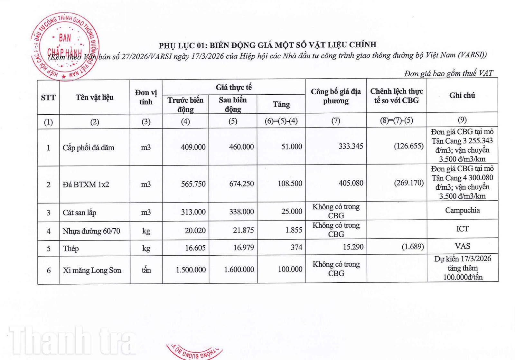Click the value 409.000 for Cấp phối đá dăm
[x=193, y=147]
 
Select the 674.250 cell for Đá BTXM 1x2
[x=241, y=184]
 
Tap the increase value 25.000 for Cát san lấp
[x=292, y=212]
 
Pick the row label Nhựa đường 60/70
[x=91, y=231]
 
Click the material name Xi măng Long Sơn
[x=92, y=270]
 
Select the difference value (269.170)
[x=409, y=183]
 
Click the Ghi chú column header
[x=462, y=95]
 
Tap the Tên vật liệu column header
[x=95, y=97]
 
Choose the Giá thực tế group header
[x=234, y=87]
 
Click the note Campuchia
[x=463, y=210]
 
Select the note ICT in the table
[x=463, y=229]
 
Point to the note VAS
[x=463, y=246]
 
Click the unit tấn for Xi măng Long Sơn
[x=146, y=270]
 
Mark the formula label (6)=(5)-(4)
[x=281, y=121]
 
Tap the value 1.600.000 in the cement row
[x=239, y=270]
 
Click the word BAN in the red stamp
[x=65, y=38]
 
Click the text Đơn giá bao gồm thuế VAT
[x=448, y=73]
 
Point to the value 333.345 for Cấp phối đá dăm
[x=351, y=146]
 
